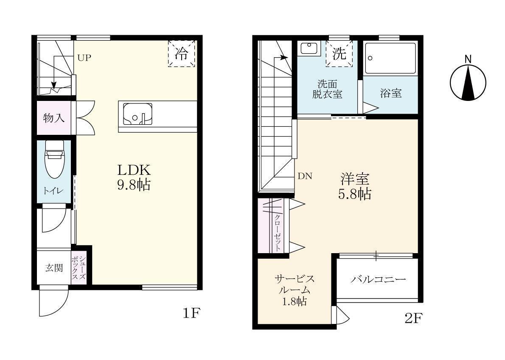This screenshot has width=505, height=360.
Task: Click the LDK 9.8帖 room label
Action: [x=134, y=177]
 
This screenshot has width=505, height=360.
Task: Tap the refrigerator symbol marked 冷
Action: [x=181, y=53]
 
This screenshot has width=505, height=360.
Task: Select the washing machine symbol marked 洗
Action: [x=339, y=53]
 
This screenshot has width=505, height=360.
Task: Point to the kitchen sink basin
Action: [x=137, y=114]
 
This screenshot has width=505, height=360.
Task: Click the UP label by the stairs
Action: [x=84, y=58]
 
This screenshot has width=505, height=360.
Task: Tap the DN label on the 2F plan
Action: [x=305, y=176]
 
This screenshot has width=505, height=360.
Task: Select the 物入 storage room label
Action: [x=54, y=118]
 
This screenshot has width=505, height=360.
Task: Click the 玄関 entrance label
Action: [x=54, y=268]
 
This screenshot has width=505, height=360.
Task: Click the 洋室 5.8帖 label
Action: [x=354, y=186]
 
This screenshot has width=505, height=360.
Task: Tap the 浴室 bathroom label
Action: [x=390, y=93]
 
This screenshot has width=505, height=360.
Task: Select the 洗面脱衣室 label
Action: [x=327, y=89]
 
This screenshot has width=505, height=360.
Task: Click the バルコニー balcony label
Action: [x=378, y=280]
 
